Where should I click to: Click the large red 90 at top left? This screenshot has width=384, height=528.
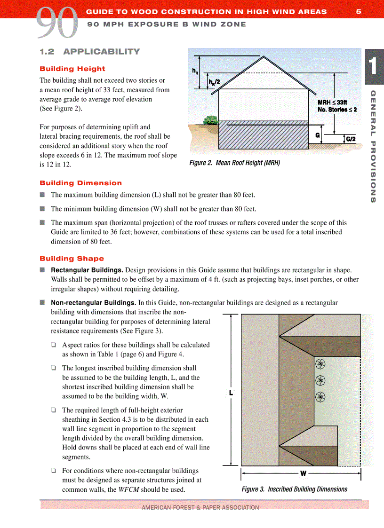(56, 23)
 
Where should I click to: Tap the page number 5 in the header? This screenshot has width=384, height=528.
(359, 12)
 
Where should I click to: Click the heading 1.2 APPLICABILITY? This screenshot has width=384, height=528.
(89, 52)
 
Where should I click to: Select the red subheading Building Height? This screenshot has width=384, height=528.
(72, 69)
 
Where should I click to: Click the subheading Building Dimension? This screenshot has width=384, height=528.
(80, 183)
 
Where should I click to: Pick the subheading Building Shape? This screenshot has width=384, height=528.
(72, 259)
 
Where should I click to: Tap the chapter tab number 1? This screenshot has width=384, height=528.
(373, 65)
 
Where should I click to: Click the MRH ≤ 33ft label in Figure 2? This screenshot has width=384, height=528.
(332, 102)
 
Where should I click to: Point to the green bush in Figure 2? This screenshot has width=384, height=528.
(210, 121)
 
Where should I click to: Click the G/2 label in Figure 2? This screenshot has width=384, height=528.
(351, 139)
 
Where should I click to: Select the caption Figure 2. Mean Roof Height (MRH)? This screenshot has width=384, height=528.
(234, 163)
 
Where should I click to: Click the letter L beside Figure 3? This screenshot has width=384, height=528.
(231, 393)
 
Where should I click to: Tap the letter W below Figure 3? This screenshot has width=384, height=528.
(303, 473)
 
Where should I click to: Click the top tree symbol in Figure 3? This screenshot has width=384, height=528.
(320, 364)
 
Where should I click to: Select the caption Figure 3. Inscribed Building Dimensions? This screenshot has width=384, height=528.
(294, 489)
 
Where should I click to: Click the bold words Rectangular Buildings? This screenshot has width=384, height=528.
(87, 270)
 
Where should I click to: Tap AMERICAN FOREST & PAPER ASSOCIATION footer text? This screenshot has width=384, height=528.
(200, 507)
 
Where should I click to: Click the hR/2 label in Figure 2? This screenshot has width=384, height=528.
(214, 82)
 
